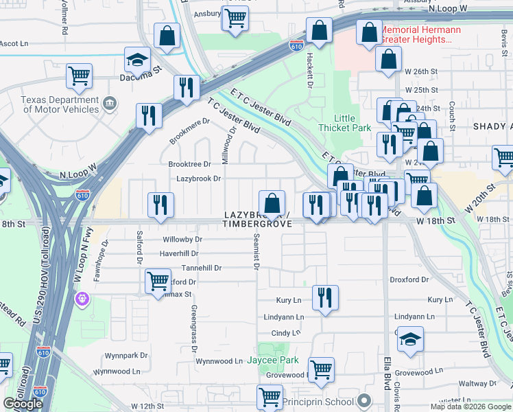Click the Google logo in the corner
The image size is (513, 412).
(23, 404)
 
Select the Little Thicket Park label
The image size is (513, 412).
(344, 123)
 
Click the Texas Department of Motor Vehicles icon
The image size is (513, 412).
(109, 104)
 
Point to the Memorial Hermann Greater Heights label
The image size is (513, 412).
(416, 35)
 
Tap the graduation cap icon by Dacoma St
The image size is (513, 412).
(137, 60)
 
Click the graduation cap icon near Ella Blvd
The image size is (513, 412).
(410, 340)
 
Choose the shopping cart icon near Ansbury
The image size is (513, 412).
(235, 17)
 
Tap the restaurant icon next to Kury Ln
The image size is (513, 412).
(325, 298)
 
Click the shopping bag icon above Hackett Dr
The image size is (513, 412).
(319, 31)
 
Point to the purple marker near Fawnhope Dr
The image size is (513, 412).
(82, 299)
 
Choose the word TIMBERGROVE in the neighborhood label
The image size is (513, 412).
(257, 224)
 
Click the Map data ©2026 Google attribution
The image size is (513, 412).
(470, 407)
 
